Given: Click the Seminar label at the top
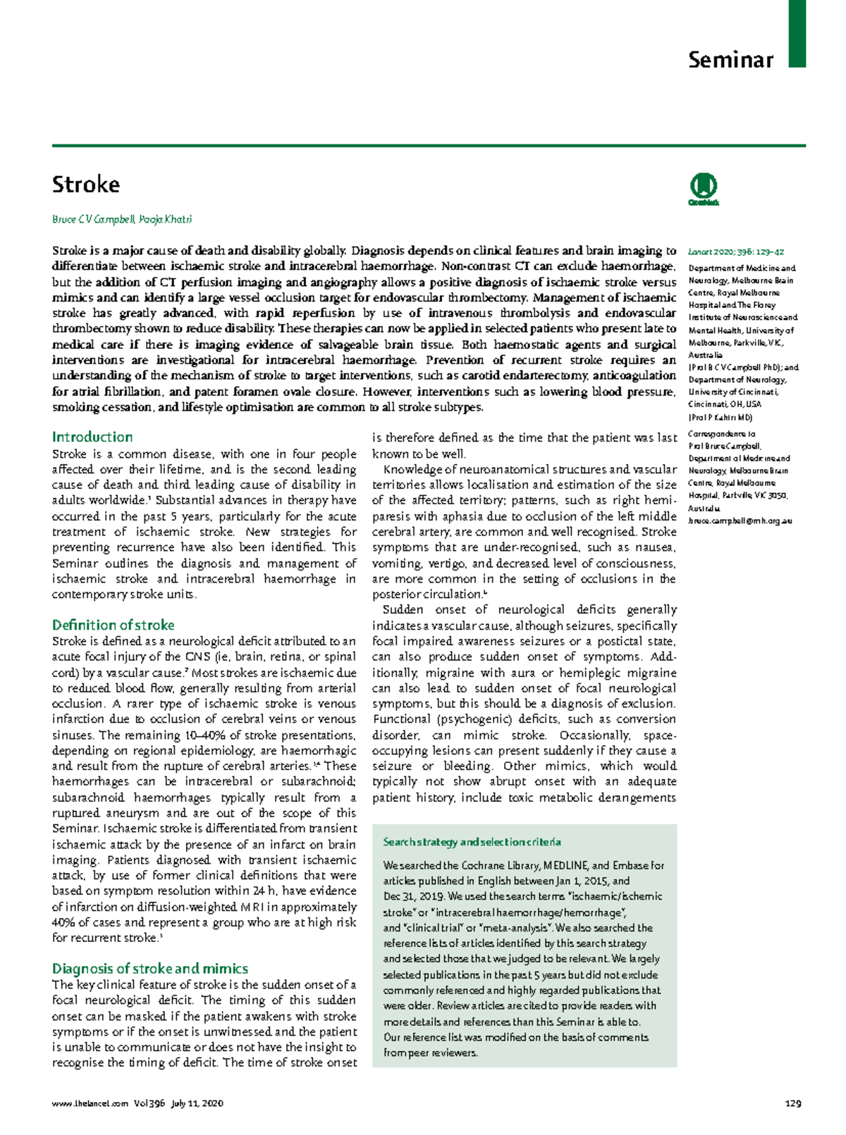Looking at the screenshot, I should tap(730, 60).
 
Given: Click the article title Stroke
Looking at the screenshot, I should tap(86, 185).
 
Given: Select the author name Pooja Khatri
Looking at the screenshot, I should tap(166, 219).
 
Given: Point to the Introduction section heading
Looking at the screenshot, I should tap(92, 437).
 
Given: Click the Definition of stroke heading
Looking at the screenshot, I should tap(113, 625).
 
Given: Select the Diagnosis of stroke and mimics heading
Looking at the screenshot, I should tap(149, 968).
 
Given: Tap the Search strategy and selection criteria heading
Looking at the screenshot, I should tap(472, 842).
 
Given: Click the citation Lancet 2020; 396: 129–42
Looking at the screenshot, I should tap(736, 252).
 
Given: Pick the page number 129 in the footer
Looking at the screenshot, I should tap(793, 1103).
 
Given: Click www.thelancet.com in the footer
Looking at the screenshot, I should tap(90, 1103).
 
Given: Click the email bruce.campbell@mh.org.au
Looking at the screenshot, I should tap(740, 521).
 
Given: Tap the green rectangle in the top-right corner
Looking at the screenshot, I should tap(797, 33).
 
